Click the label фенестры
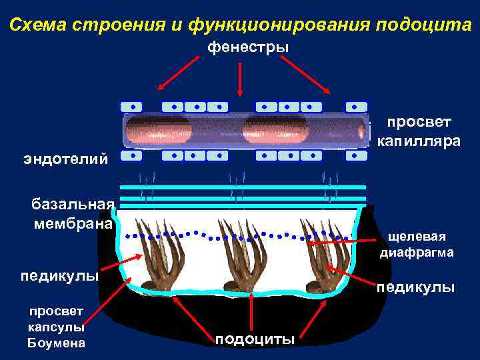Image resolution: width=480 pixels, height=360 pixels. tap(247, 47)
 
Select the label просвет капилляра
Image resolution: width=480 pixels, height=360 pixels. tap(419, 131)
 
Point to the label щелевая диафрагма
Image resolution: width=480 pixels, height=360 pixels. tap(417, 245)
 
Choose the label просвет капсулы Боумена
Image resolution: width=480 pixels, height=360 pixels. tap(56, 327)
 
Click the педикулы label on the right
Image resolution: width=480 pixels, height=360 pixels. tap(416, 287)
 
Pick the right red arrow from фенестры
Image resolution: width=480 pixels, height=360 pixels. tap(305, 73)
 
